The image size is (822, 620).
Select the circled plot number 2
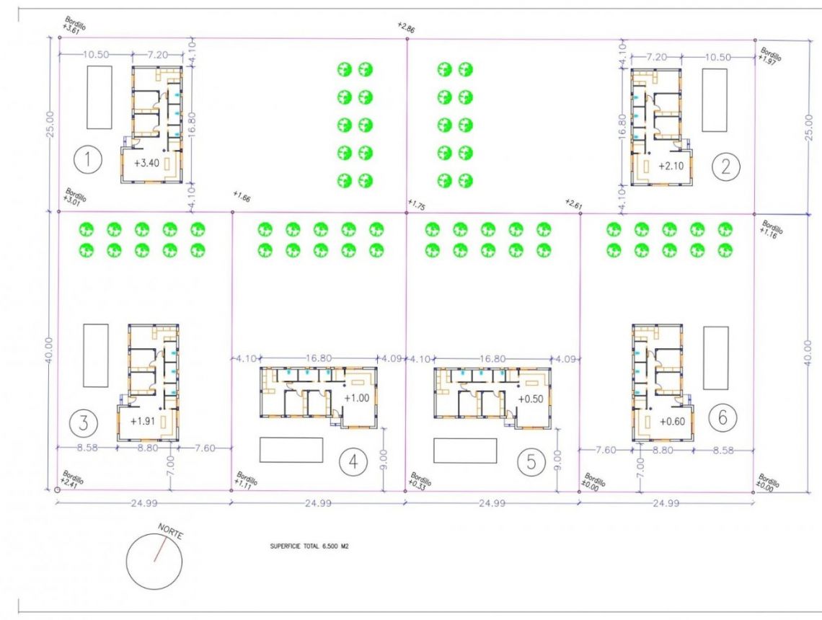725,167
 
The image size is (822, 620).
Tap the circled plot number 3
84,422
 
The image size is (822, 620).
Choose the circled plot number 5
531,463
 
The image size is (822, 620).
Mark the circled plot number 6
722,417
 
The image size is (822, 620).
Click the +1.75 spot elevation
417,205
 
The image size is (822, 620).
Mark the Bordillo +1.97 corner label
769,56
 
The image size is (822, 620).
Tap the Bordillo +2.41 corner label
73,479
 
